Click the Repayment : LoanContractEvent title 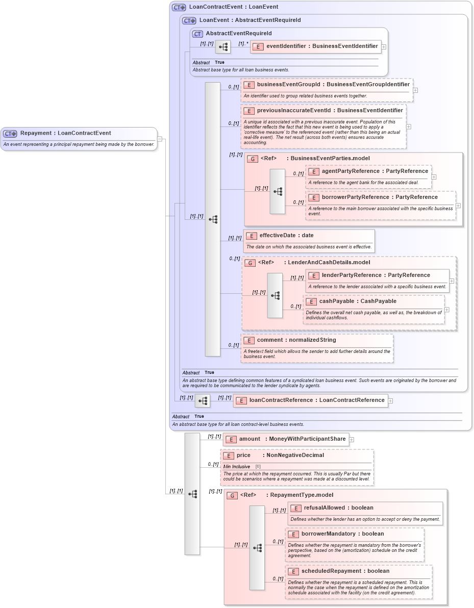pyautogui.click(x=65, y=133)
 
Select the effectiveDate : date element pyautogui.click(x=286, y=235)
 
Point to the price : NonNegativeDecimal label pyautogui.click(x=280, y=455)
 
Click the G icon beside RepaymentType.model pyautogui.click(x=232, y=495)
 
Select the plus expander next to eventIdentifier pyautogui.click(x=384, y=46)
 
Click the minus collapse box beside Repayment pyautogui.click(x=160, y=139)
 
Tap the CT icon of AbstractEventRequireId pyautogui.click(x=197, y=34)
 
